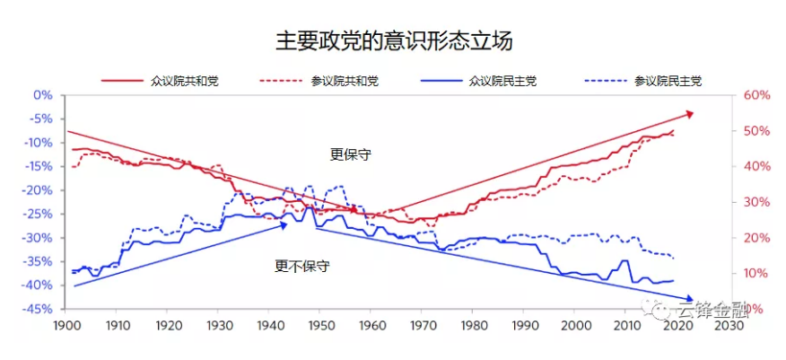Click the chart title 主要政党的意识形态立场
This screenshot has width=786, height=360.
point(393,40)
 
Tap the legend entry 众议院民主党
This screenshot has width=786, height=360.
point(502,81)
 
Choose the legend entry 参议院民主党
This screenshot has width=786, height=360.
point(668,81)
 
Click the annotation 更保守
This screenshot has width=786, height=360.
point(351,154)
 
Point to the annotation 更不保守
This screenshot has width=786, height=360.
point(301,266)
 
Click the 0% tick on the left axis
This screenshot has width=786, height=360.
point(43,95)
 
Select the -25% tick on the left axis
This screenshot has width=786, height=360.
point(39,214)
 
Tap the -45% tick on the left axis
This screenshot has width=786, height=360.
point(39,309)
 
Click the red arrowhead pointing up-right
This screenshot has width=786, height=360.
point(689,113)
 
